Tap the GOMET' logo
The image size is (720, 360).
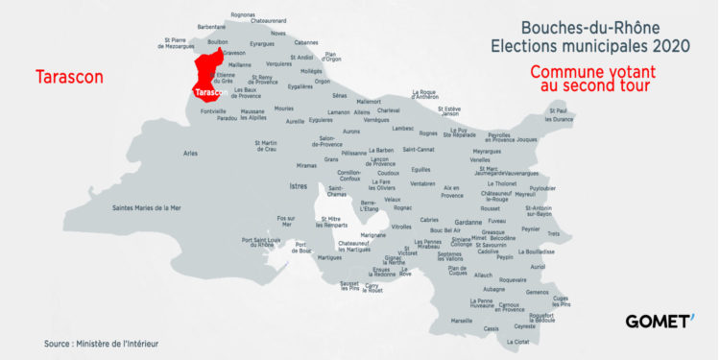[660, 321]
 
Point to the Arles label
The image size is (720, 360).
[190, 153]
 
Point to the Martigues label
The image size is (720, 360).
[329, 257]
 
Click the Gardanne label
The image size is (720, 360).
[468, 222]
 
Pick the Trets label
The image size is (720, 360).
[553, 233]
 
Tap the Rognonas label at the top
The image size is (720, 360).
[244, 14]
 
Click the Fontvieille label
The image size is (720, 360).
[213, 110]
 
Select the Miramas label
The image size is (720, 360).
[280, 164]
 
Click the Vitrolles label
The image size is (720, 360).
[401, 227]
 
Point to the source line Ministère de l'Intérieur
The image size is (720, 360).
[101, 343]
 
